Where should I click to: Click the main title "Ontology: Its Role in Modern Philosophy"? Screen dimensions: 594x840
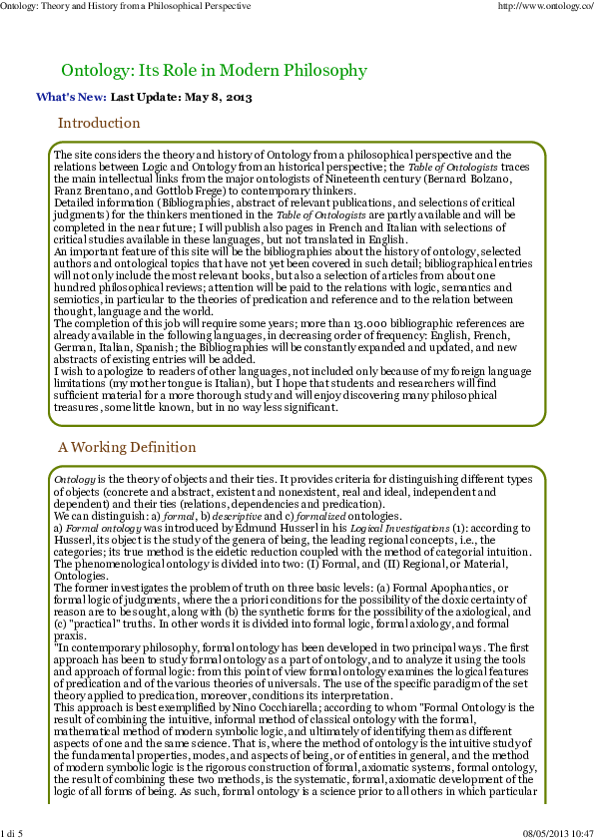(x=214, y=71)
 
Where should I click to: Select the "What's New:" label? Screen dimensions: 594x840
(x=71, y=98)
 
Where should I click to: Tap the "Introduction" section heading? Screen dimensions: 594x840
(x=99, y=124)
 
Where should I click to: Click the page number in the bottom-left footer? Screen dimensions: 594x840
(x=12, y=833)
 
